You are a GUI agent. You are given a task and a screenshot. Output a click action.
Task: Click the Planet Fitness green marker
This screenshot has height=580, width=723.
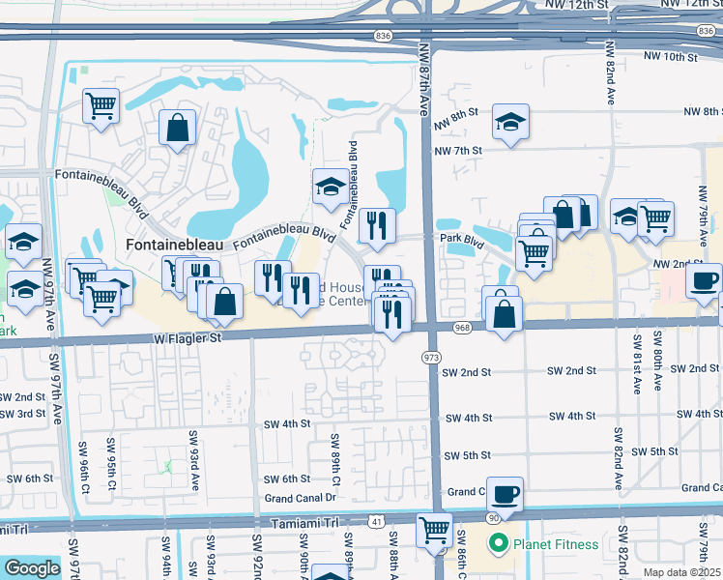[499, 544]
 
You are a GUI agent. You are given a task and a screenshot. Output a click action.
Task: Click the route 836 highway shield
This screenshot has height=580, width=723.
[384, 36]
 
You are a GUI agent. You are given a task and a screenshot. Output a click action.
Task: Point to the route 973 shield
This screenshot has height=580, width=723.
[429, 359]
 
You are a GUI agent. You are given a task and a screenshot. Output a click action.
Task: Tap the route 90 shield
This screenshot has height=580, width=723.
[493, 519]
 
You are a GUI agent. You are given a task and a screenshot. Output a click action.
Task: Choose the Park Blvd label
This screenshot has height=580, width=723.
[461, 237]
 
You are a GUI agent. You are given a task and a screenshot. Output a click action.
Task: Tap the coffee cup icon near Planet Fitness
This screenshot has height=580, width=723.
[506, 495]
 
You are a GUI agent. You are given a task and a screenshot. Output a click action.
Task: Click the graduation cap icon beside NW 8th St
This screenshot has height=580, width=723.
[510, 122]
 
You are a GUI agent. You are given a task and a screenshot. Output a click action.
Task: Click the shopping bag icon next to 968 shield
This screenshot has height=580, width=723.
[505, 314]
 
